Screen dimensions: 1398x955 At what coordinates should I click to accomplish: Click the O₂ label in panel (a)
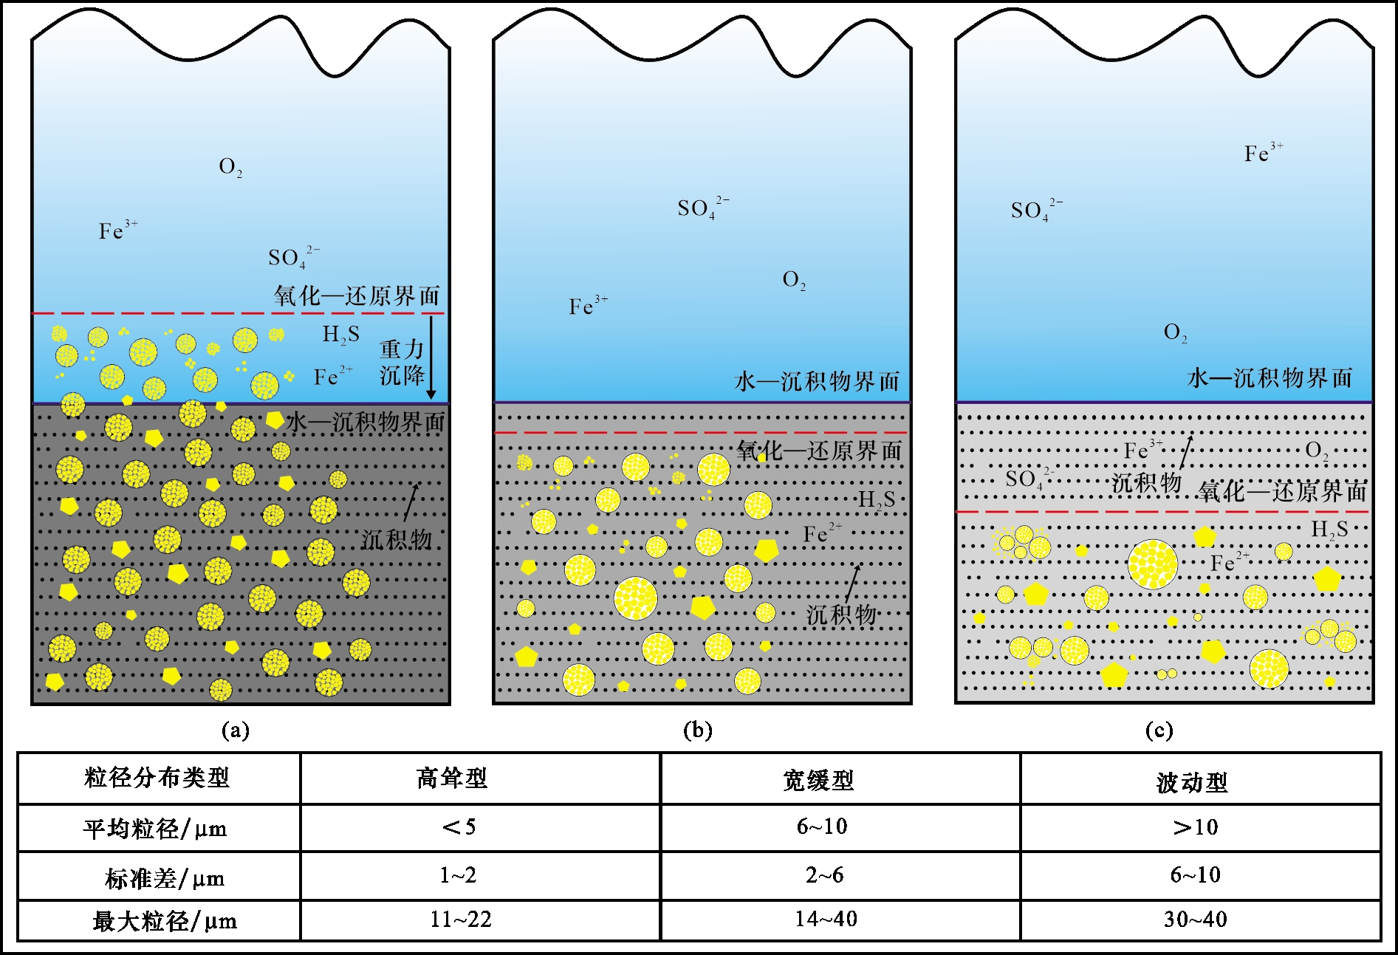click(230, 168)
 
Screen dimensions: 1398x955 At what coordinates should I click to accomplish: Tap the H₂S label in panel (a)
click(341, 335)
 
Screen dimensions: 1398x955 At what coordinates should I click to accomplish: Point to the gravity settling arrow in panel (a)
click(431, 357)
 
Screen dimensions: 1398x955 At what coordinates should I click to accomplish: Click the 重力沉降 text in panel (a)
click(402, 362)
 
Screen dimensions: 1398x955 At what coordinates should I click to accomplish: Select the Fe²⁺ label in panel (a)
click(333, 376)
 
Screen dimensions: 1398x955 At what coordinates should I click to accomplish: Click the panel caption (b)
click(698, 730)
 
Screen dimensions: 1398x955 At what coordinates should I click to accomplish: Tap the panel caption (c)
click(1159, 730)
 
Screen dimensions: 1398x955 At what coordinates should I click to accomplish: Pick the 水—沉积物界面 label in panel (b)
click(818, 381)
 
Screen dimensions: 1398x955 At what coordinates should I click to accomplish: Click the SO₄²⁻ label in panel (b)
click(704, 208)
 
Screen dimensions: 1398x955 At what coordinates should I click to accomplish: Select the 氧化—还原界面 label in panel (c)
click(1282, 491)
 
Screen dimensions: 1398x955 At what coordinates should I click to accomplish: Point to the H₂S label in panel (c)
click(1330, 529)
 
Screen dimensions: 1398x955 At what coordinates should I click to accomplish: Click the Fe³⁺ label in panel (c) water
click(1264, 152)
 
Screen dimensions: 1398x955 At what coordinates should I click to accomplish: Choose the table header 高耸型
click(452, 778)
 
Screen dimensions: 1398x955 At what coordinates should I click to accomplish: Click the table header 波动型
click(1192, 782)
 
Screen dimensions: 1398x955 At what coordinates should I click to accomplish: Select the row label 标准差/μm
click(165, 878)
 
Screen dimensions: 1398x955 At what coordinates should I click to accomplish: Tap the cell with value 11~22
click(461, 919)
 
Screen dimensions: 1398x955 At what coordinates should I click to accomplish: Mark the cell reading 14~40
click(826, 919)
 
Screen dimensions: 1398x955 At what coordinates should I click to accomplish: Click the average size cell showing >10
click(1196, 827)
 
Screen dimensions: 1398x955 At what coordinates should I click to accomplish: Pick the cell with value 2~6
click(824, 875)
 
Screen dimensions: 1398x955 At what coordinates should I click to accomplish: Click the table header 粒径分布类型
click(157, 778)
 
